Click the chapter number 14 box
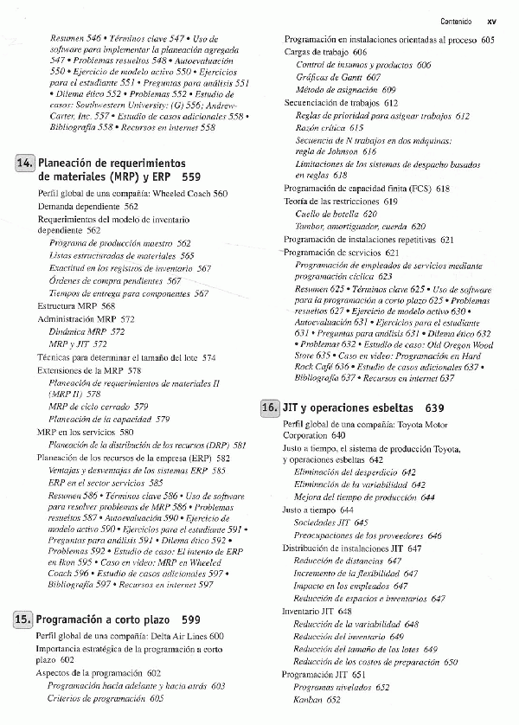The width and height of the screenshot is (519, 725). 25,163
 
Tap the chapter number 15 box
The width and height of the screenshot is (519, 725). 25,619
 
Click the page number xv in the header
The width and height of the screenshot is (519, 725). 490,22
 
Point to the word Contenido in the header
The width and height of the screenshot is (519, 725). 455,22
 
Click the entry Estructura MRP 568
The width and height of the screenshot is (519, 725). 76,306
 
